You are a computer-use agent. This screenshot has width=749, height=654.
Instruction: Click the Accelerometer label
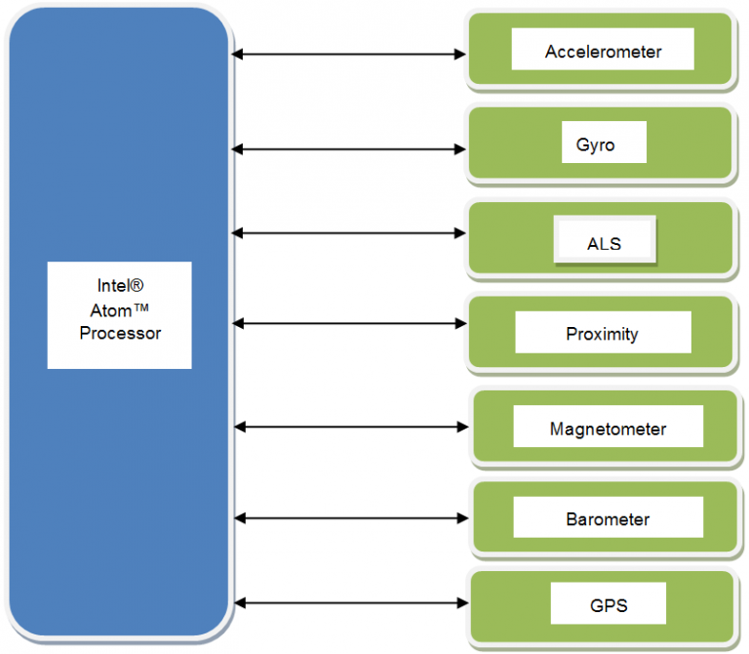click(603, 52)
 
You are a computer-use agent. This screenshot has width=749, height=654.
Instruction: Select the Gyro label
click(595, 144)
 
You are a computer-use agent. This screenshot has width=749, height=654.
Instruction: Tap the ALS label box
click(604, 243)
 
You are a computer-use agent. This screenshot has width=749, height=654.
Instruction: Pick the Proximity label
click(602, 334)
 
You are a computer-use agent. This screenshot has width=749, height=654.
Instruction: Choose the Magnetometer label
click(608, 429)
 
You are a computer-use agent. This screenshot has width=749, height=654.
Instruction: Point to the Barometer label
click(608, 519)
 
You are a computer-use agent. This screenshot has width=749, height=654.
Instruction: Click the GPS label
click(608, 605)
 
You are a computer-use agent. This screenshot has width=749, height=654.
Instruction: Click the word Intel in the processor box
click(113, 286)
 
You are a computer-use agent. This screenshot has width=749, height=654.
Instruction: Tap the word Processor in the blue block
click(120, 333)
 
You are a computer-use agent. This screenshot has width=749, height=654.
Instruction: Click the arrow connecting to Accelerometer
click(349, 55)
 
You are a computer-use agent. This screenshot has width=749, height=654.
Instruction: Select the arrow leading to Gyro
click(349, 149)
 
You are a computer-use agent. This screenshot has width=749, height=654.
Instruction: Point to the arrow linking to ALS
click(349, 232)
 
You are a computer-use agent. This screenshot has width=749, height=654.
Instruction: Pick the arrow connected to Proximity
click(349, 322)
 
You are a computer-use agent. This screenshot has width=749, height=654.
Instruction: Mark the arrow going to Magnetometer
click(351, 427)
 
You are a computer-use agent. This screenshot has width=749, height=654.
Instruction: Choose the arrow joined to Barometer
click(351, 517)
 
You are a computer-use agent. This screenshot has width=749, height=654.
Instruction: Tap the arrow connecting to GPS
click(351, 603)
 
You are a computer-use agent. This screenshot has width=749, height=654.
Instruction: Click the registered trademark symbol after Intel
click(138, 285)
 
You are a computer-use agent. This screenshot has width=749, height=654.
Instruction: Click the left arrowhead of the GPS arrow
click(241, 603)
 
